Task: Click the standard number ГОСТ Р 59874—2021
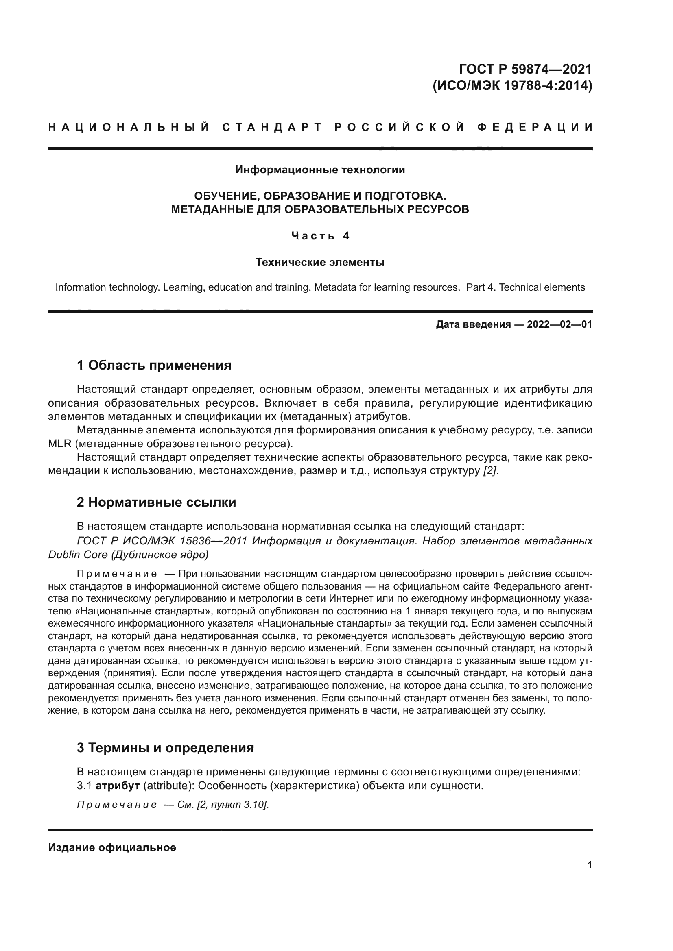(525, 69)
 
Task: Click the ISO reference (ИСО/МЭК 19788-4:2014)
(512, 86)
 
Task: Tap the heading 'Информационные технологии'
(320, 170)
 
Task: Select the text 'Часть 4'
(320, 236)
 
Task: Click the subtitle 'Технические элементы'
(320, 262)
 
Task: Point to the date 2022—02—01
(559, 324)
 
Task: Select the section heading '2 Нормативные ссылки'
(156, 502)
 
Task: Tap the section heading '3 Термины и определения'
(165, 748)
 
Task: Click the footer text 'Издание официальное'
(112, 847)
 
